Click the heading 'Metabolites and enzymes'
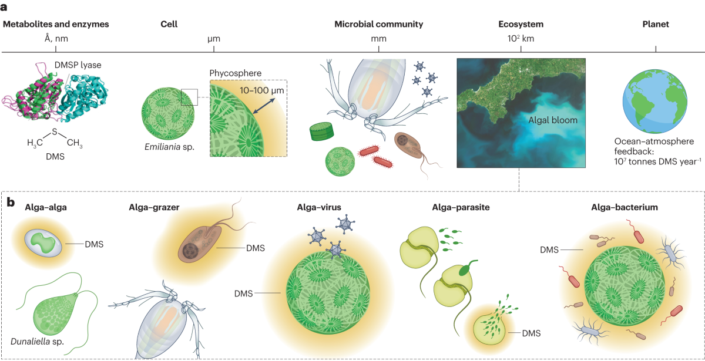pos(56,25)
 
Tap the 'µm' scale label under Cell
pos(214,39)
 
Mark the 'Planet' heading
pos(656,25)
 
